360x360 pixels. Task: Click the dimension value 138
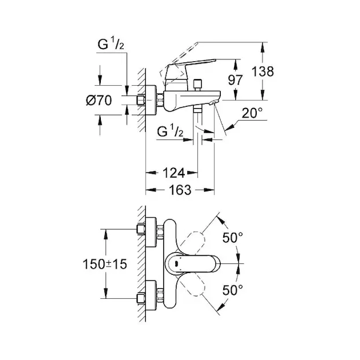[262, 71]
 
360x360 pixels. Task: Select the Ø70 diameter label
[99, 101]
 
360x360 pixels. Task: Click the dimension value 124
[173, 175]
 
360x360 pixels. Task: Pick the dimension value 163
[179, 191]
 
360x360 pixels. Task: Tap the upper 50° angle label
[233, 237]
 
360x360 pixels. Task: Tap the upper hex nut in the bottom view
[143, 229]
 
